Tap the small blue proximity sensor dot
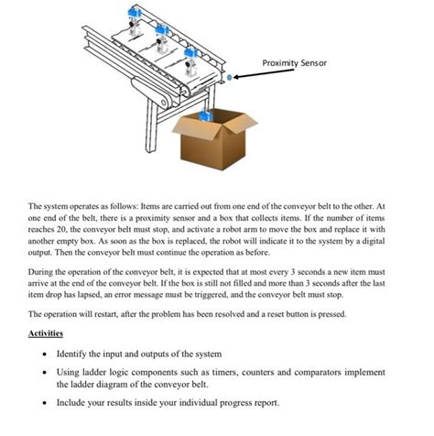pos(230,79)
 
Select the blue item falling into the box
pos(206,116)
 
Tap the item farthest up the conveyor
pos(136,16)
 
